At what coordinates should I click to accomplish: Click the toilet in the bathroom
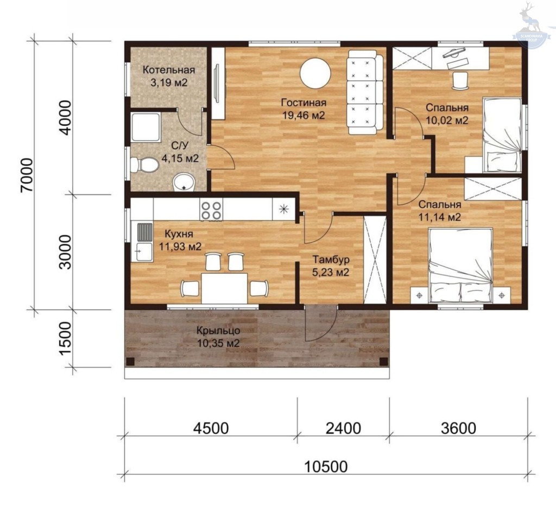144,165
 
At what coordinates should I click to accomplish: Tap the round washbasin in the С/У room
184,183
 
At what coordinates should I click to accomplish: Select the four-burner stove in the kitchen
211,210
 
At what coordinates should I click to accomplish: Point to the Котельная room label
169,70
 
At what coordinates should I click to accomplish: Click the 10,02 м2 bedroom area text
447,121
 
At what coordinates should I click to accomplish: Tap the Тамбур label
331,260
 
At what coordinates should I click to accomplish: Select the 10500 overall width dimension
326,466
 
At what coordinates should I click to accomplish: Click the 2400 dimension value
343,428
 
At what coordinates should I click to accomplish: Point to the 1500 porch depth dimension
66,338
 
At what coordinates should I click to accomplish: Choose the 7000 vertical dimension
27,175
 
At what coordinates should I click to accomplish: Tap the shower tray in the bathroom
146,127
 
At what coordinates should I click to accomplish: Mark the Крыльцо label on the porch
218,331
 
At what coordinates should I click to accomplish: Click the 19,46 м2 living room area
304,115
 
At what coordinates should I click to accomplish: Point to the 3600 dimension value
458,428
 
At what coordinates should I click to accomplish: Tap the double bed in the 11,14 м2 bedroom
460,266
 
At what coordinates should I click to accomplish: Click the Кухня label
179,234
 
